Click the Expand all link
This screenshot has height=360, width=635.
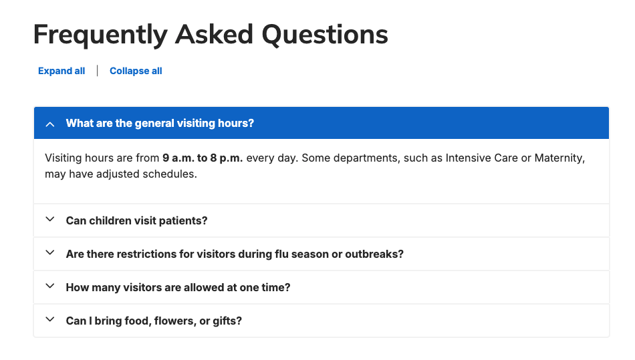pos(61,71)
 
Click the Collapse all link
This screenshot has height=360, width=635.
pos(136,71)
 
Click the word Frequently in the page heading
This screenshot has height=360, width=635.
pos(100,35)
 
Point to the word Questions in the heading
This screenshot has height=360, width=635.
pos(324,35)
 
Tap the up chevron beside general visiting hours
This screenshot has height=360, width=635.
pos(49,124)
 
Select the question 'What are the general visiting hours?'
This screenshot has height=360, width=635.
pos(160,124)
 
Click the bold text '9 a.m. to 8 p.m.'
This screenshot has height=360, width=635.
pos(203,158)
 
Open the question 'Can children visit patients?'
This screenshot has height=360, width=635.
pos(136,220)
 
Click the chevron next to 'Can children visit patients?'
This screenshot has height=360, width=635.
pos(49,220)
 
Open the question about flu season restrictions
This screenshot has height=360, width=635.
pos(234,254)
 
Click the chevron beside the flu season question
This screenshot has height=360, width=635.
pos(49,253)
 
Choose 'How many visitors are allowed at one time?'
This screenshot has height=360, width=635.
pos(178,287)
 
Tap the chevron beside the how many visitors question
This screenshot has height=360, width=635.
pos(49,287)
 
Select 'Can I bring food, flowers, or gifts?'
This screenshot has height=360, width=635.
pos(154,321)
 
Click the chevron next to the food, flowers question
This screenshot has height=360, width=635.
pos(49,320)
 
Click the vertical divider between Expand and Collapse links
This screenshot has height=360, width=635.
pos(98,71)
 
